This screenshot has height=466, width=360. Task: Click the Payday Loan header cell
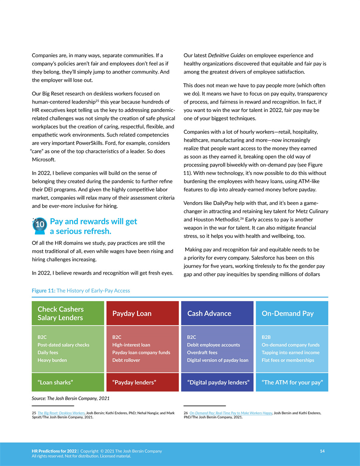[142, 313]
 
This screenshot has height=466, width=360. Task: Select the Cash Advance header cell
[217, 313]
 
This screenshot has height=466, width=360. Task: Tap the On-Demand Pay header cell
[292, 313]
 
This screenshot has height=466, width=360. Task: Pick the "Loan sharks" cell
[68, 382]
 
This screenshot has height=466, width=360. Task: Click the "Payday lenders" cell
[142, 382]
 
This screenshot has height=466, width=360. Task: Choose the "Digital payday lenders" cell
[217, 382]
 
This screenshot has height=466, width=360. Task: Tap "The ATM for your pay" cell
[292, 382]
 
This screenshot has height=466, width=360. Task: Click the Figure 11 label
[44, 291]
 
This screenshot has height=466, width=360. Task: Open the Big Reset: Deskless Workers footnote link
[61, 413]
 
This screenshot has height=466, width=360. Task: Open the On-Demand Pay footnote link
[231, 413]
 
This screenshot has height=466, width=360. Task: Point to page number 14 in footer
[322, 451]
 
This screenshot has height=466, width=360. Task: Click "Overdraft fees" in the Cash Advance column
[202, 353]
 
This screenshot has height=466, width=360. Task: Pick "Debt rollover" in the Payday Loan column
[126, 360]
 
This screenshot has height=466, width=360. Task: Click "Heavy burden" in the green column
[52, 360]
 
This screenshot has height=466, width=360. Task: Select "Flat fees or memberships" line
[288, 360]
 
